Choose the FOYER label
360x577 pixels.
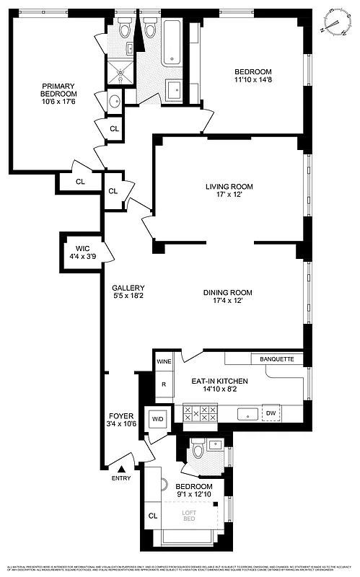(x=120, y=416)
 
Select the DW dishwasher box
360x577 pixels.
(x=271, y=413)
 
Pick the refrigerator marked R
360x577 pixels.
(x=164, y=384)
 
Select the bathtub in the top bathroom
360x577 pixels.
(x=174, y=42)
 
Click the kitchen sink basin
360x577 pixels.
(x=247, y=414)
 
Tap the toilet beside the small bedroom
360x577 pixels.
(x=197, y=452)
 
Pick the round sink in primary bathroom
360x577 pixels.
(x=114, y=100)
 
